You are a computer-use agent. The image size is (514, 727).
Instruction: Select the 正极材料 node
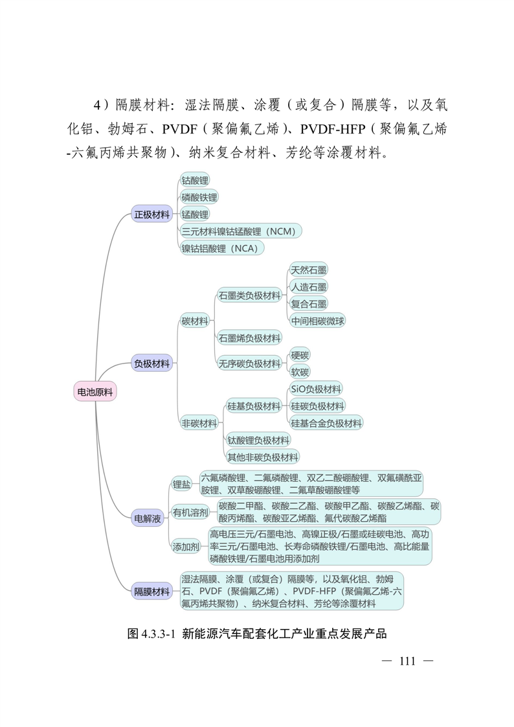point(152,214)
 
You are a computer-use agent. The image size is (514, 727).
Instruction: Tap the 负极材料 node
point(152,364)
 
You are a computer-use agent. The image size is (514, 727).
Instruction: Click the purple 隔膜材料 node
point(152,591)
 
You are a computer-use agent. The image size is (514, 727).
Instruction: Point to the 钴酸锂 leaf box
point(195,180)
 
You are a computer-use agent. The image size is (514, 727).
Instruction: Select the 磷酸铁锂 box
point(199,197)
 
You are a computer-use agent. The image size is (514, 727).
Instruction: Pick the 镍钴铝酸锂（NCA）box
point(223,248)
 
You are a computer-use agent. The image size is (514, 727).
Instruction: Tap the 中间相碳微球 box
point(318,321)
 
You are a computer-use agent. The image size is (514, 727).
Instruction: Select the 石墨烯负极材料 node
point(249,338)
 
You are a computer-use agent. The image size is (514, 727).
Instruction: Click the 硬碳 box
point(300,355)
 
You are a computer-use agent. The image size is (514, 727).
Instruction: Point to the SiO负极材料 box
point(316,389)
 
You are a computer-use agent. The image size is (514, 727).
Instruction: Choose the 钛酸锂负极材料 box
point(258,440)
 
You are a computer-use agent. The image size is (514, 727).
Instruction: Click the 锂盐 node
point(181,484)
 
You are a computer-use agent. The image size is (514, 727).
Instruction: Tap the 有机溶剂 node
point(190,513)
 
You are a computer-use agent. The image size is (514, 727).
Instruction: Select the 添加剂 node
point(186,547)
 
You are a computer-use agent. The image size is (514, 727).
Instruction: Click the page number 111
point(407,662)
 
